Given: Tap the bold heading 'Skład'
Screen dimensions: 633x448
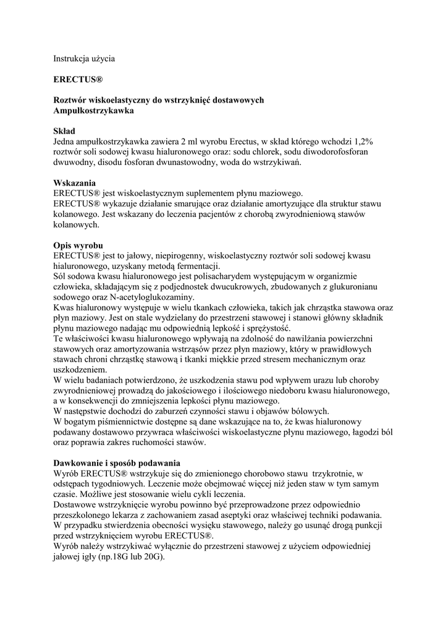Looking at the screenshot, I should tap(64, 131).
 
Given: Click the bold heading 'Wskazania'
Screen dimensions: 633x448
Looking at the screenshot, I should tap(74, 183).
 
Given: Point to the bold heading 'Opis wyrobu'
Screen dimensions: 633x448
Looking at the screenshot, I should tap(78, 245).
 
